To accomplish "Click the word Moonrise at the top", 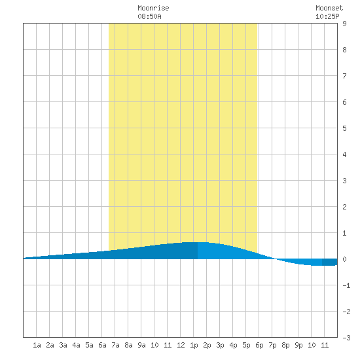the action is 153,8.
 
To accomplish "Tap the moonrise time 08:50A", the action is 149,16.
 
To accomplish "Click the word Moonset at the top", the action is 329,8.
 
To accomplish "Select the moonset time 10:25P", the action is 327,16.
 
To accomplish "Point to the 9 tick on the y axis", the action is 344,24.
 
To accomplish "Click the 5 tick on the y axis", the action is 344,128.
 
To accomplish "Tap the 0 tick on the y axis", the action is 344,259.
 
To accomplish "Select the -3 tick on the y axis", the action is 346,338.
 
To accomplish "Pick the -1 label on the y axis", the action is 346,285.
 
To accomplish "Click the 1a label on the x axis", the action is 37,345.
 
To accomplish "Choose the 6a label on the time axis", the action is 102,345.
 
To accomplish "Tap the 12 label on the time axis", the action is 181,345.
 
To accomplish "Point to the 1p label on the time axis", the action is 194,345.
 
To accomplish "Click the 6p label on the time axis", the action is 259,345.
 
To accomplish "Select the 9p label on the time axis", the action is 298,345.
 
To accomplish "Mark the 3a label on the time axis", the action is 63,345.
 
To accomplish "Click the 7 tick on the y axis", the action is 344,76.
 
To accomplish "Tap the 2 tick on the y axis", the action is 344,207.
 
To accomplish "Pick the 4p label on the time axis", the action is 233,345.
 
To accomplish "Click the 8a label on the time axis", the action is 128,345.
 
